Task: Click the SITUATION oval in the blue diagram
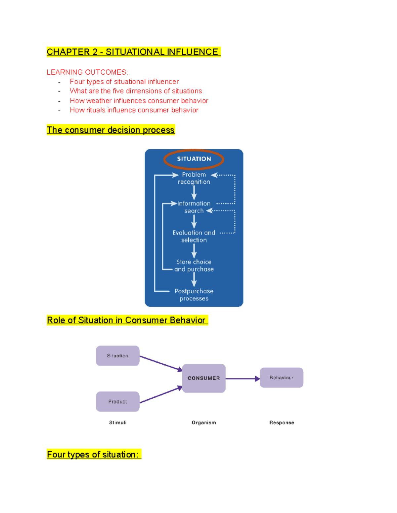point(194,159)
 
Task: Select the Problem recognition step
point(194,178)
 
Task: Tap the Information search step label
point(194,207)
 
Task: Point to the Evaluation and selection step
point(194,237)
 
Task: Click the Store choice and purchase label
point(194,266)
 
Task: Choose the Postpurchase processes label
point(194,295)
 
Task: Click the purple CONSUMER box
point(203,378)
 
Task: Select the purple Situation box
point(117,356)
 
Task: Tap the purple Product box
point(117,402)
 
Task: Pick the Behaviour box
point(281,378)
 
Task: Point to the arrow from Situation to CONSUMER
point(160,363)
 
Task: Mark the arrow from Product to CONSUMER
point(160,395)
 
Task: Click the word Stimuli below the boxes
point(118,422)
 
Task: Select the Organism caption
point(203,422)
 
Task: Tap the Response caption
point(282,422)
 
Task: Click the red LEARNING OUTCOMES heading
point(87,72)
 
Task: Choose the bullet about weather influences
point(139,100)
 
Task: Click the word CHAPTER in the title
point(68,52)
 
